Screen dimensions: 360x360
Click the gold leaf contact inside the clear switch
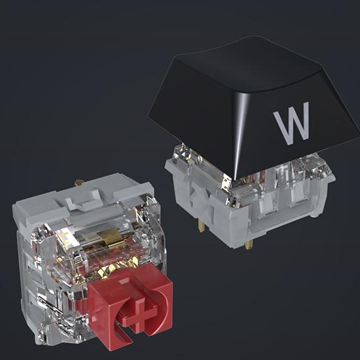pos(110,238)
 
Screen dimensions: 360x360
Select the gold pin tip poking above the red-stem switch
pos(79,183)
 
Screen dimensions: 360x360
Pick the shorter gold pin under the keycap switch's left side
pos(202,226)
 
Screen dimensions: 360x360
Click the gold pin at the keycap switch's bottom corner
pos(248,244)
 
